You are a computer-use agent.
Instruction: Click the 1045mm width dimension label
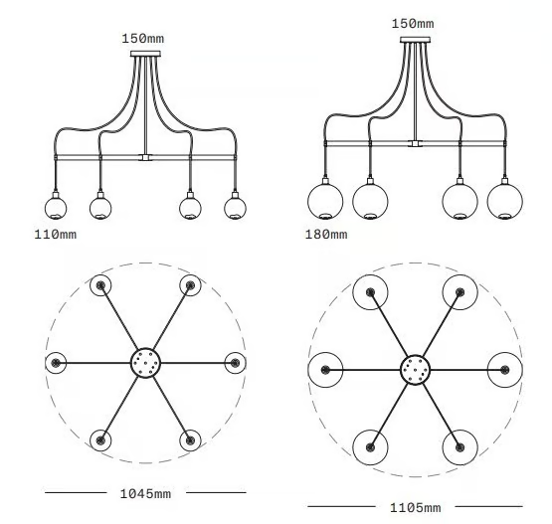tap(145, 494)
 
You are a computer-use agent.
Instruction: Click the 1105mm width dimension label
tap(415, 508)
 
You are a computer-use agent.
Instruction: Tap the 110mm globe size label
tap(56, 235)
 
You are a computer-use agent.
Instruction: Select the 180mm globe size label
tap(326, 235)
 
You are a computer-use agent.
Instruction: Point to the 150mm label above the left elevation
tap(143, 39)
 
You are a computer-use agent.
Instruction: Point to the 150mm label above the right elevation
tap(413, 24)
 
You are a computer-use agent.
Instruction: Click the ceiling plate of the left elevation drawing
tap(145, 54)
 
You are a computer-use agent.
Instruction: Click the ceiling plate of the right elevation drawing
tap(415, 40)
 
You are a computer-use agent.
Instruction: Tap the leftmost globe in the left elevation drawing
tap(56, 208)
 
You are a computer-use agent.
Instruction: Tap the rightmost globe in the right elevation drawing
tap(505, 201)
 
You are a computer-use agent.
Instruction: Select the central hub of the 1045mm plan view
tap(145, 363)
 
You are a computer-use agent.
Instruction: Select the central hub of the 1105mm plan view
tap(416, 370)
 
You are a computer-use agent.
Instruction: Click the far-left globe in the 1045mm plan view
tap(56, 363)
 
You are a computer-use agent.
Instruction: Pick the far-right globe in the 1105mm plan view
tap(505, 370)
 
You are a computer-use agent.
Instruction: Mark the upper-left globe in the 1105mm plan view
tap(370, 292)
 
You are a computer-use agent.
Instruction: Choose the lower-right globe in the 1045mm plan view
tap(190, 440)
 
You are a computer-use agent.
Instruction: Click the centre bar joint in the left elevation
tap(145, 157)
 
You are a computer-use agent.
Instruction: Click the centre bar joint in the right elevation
tap(415, 143)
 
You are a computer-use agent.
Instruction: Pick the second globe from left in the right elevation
tap(370, 201)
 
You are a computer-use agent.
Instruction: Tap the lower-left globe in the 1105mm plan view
tap(370, 447)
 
